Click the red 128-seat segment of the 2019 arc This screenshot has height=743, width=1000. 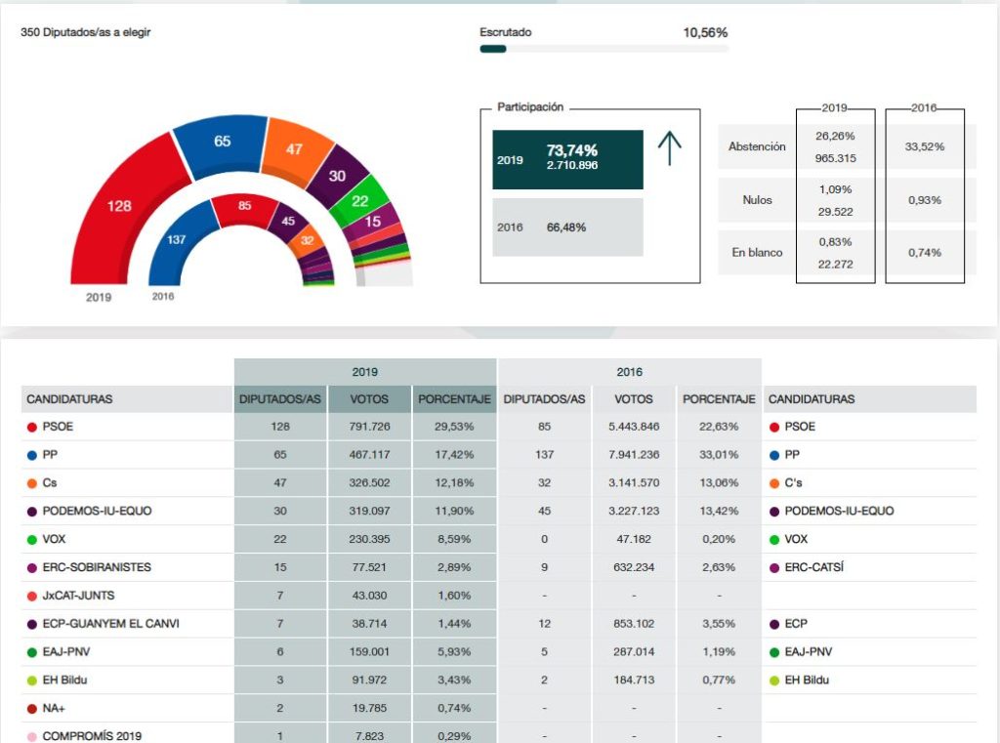(x=118, y=206)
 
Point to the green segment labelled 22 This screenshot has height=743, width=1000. (x=360, y=201)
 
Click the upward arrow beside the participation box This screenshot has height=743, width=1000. (x=669, y=148)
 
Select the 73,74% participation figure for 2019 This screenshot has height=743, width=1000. (x=572, y=150)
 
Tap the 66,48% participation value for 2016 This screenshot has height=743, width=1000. (x=566, y=227)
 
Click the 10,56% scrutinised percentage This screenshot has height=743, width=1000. (x=705, y=32)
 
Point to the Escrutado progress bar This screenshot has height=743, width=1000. (x=604, y=49)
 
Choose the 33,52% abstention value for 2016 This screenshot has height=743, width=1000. (x=924, y=146)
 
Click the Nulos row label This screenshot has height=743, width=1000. (x=757, y=200)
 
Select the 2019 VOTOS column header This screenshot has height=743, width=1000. (x=368, y=399)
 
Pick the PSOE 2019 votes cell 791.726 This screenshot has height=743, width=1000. (x=368, y=427)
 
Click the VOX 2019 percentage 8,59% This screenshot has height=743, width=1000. (x=454, y=539)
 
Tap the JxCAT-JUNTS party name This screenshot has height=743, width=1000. (x=78, y=596)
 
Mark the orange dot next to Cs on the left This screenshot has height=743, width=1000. (x=32, y=483)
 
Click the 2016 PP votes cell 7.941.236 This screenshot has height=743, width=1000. (x=634, y=455)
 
